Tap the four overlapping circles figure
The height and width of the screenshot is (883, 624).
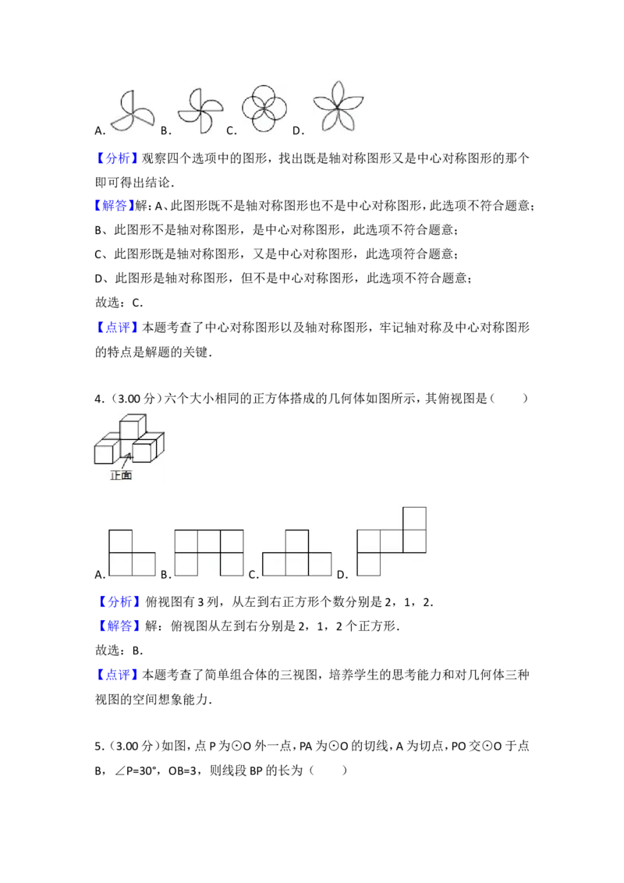pyautogui.click(x=264, y=108)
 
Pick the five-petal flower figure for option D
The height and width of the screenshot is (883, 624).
pyautogui.click(x=338, y=106)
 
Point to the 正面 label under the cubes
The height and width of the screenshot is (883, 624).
pyautogui.click(x=121, y=476)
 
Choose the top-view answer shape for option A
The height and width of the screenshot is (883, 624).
pyautogui.click(x=132, y=553)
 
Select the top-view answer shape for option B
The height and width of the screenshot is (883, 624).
pyautogui.click(x=209, y=553)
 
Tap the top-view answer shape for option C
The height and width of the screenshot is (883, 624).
pyautogui.click(x=297, y=553)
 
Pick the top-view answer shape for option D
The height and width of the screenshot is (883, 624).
pyautogui.click(x=392, y=541)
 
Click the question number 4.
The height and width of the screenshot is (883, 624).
pyautogui.click(x=99, y=399)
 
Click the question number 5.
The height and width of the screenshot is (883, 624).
pyautogui.click(x=99, y=746)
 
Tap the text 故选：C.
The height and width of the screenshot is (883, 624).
pyautogui.click(x=119, y=303)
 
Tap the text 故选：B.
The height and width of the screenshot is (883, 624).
pyautogui.click(x=119, y=651)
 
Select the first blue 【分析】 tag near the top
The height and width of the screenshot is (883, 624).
pyautogui.click(x=116, y=158)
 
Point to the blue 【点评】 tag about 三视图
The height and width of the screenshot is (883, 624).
pyautogui.click(x=116, y=675)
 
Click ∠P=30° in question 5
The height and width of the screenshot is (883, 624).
pyautogui.click(x=136, y=771)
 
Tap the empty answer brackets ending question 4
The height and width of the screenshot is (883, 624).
pyautogui.click(x=509, y=399)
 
